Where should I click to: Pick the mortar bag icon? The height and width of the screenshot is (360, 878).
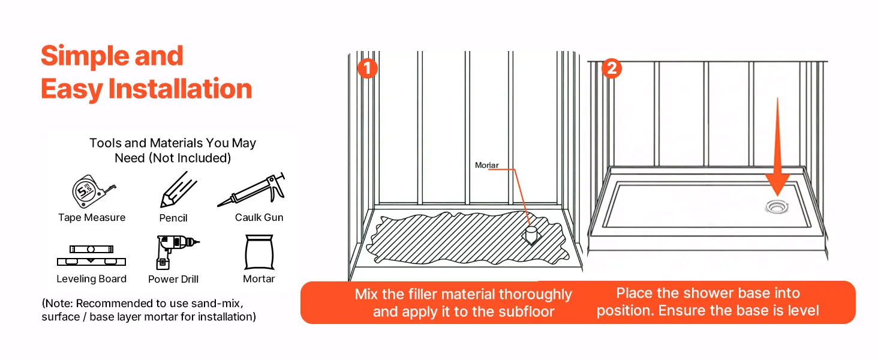[x=259, y=253]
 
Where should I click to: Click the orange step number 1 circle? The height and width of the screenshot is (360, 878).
[x=367, y=68]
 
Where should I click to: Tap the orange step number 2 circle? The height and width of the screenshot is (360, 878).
[x=611, y=68]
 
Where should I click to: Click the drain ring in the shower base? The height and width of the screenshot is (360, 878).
[x=778, y=207]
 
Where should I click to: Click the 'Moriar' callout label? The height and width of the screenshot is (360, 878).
[x=486, y=165]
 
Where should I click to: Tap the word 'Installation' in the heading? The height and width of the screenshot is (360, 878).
[x=180, y=89]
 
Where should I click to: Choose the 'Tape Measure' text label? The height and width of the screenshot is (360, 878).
[x=92, y=218]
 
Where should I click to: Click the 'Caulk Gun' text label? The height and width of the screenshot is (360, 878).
[x=259, y=217]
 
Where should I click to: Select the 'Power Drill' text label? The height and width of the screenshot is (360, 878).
[x=173, y=279]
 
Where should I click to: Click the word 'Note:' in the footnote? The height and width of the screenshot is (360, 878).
[x=58, y=303]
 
